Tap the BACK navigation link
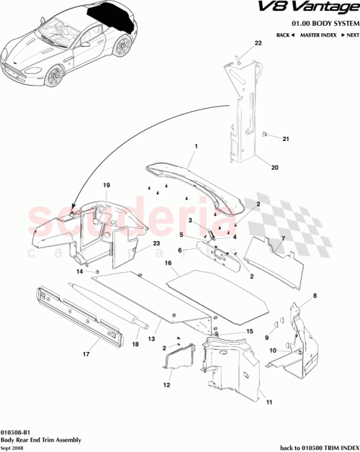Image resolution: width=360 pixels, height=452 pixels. tap(286, 35)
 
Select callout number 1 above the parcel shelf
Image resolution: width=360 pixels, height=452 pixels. tap(195, 145)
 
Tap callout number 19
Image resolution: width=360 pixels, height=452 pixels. tap(106, 186)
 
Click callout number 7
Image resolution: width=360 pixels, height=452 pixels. tap(283, 237)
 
